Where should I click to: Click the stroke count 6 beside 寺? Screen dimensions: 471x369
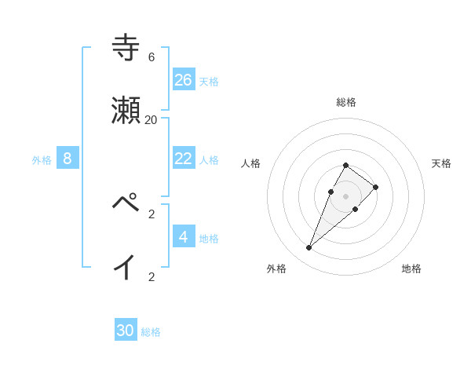point(152,57)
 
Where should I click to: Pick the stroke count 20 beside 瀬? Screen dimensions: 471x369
point(152,120)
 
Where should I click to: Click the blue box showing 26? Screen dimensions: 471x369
point(184,79)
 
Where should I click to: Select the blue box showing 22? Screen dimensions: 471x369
point(184,158)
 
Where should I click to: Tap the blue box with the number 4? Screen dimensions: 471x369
point(184,236)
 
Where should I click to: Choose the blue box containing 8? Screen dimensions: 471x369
point(68,158)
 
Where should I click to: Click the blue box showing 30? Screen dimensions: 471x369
point(126,331)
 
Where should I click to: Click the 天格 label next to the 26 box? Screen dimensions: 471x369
point(209,82)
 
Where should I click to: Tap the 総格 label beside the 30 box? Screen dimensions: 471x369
point(151,333)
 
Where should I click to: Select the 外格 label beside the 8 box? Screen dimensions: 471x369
point(42,160)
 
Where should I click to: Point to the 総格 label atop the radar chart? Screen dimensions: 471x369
point(346,102)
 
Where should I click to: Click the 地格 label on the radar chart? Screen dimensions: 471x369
point(411,269)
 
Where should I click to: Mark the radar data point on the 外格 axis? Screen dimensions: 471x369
point(309,248)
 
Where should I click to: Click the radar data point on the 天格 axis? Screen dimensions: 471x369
point(376,187)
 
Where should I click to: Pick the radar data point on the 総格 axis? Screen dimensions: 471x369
point(345,165)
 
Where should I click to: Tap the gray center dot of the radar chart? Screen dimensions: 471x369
point(345,196)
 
